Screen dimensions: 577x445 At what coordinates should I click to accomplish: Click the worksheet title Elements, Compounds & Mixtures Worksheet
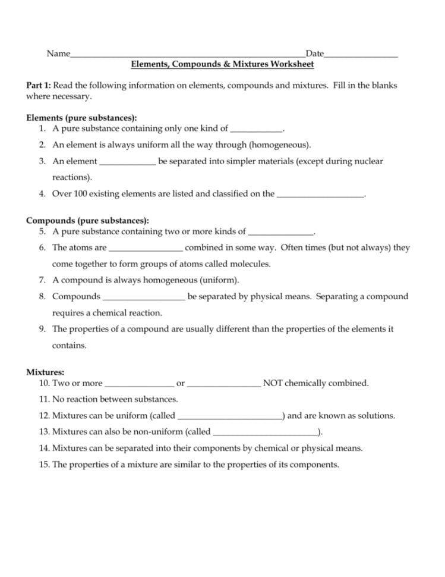222,64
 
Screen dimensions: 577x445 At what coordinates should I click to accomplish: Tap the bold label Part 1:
39,86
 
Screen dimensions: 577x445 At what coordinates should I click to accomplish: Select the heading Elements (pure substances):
81,118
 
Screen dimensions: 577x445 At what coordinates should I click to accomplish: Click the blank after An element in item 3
127,162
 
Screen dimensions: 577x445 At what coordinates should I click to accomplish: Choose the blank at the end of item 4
320,194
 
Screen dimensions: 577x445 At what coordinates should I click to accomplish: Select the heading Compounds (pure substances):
87,221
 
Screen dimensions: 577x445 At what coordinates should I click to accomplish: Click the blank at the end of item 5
280,232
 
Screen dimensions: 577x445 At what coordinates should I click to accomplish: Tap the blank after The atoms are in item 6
146,248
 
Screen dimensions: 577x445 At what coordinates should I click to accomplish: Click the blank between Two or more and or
139,384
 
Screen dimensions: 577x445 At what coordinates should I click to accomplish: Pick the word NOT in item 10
273,383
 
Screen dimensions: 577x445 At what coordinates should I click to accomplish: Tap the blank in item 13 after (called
265,432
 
